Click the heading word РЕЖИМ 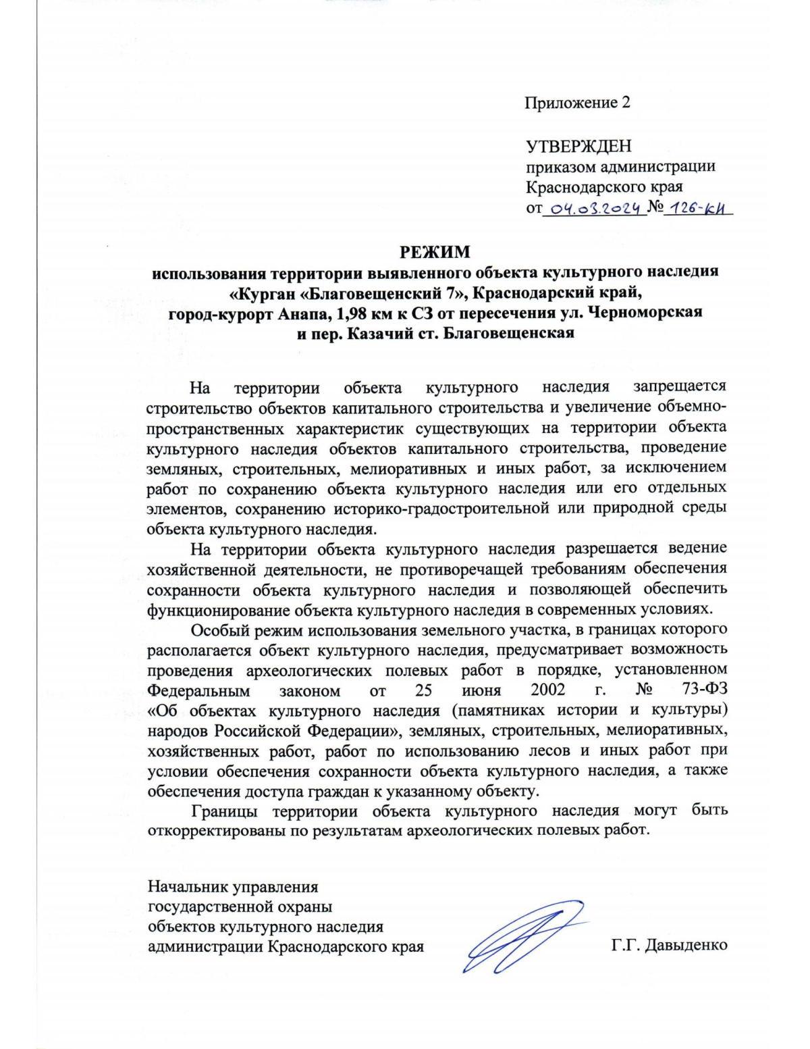[435, 252]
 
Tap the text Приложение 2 [578, 103]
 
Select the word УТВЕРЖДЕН [578, 146]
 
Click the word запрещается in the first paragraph [679, 387]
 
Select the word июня [481, 690]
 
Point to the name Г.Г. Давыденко [669, 946]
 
